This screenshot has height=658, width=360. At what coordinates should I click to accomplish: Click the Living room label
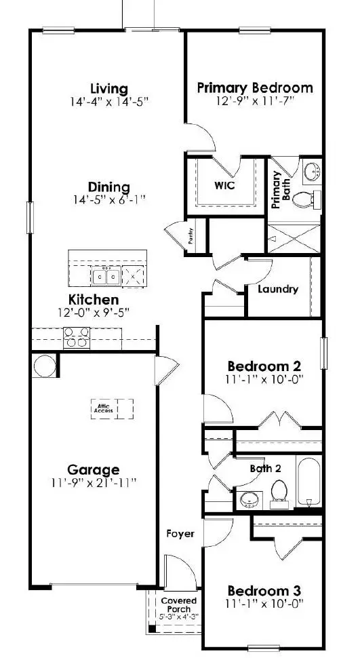pos(109,89)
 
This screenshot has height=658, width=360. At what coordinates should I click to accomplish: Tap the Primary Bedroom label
pos(254,88)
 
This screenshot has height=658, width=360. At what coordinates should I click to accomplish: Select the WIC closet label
pos(224,185)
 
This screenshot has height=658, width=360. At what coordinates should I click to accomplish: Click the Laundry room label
pos(278,289)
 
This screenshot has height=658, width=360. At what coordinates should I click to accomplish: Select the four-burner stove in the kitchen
pos(75,337)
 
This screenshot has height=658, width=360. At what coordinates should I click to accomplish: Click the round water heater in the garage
pos(45,366)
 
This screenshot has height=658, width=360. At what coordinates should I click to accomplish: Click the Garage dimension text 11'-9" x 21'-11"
pos(94,483)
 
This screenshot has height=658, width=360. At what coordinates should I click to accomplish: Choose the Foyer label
pos(180,533)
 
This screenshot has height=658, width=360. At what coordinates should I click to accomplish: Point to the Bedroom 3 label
pos(264,590)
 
